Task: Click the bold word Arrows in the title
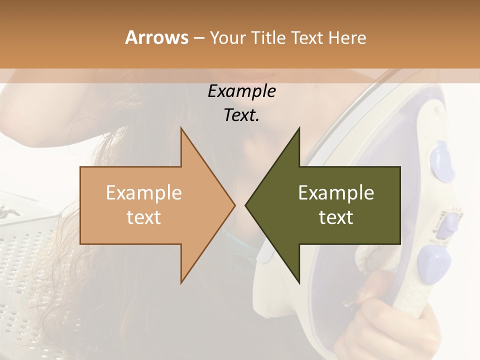(x=156, y=37)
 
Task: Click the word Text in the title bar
(x=307, y=38)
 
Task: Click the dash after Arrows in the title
(x=198, y=38)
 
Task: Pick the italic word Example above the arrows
(x=241, y=91)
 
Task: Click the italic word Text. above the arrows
(x=241, y=115)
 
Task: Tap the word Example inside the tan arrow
(x=143, y=192)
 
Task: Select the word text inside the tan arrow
(x=143, y=217)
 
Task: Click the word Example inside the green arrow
(x=336, y=192)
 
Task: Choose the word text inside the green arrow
(x=336, y=217)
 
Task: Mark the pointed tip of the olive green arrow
(x=246, y=205)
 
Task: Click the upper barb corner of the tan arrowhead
(x=181, y=129)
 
